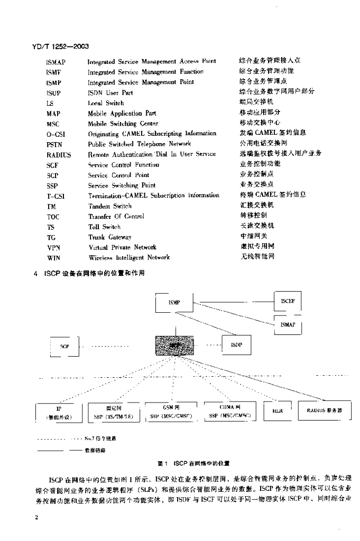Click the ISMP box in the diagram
click(174, 303)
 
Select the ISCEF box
click(288, 302)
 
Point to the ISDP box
click(236, 344)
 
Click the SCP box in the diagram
click(64, 347)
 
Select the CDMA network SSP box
click(229, 412)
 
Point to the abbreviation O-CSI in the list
click(56, 134)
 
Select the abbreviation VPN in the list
click(54, 247)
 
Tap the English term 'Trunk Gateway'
click(109, 237)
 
